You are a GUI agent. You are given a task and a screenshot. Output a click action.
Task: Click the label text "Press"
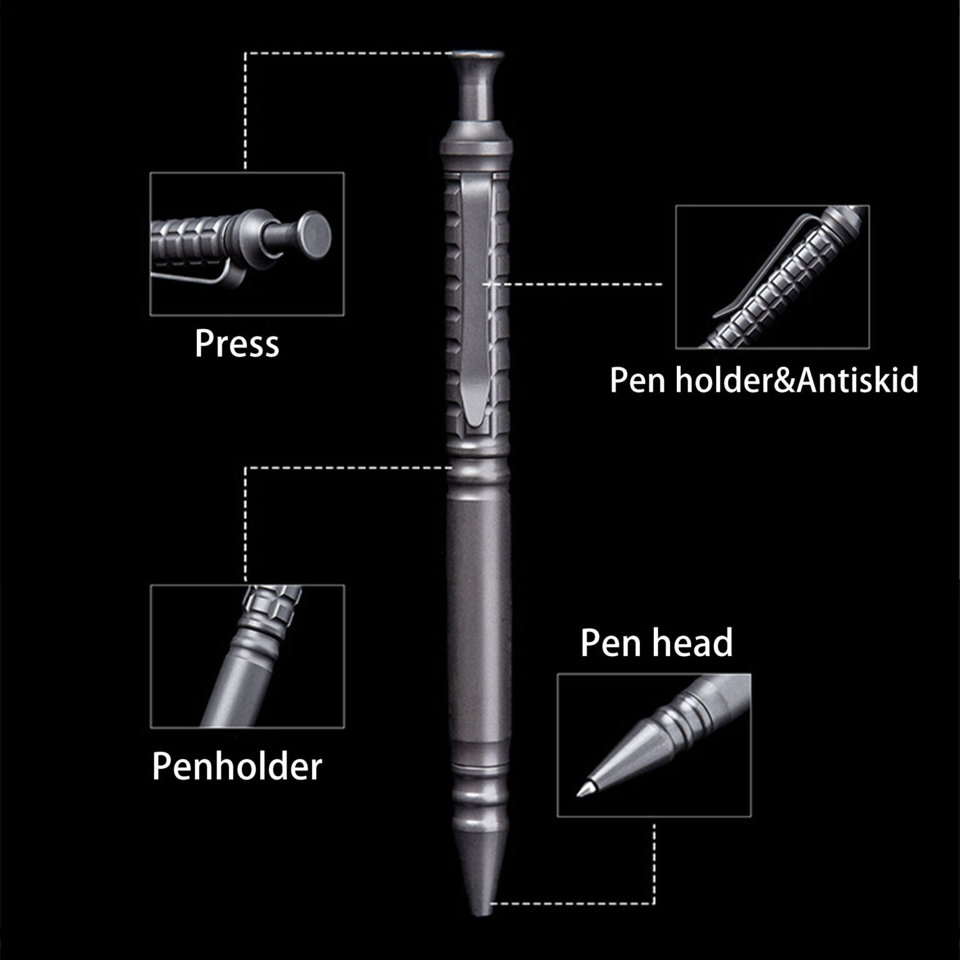[236, 344]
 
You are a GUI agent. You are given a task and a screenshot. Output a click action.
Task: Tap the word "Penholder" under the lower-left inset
[237, 766]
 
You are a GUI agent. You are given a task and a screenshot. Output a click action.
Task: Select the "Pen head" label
[656, 642]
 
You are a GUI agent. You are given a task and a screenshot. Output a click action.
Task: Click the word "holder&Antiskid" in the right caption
[797, 380]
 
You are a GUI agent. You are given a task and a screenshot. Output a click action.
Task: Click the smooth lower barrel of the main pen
[478, 625]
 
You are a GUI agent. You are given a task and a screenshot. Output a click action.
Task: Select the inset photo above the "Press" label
[247, 244]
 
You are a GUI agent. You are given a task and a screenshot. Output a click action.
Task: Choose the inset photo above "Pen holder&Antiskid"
[772, 276]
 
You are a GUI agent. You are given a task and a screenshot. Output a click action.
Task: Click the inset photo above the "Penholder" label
[247, 656]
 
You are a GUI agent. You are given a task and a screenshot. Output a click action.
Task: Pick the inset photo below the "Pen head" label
[654, 745]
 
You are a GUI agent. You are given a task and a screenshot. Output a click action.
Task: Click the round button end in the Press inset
[314, 234]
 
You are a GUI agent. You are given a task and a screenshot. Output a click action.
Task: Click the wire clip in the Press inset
[194, 278]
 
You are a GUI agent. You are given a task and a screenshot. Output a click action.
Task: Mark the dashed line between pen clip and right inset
[581, 284]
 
